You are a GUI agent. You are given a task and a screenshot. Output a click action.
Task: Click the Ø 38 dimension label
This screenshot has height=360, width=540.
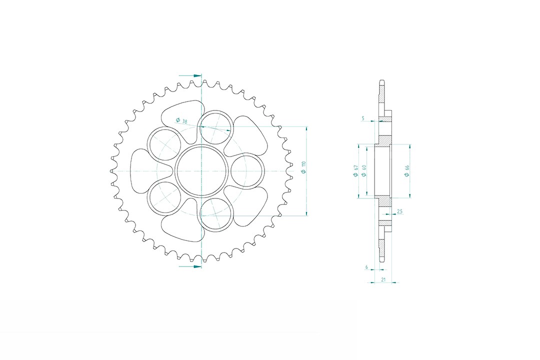[181, 120]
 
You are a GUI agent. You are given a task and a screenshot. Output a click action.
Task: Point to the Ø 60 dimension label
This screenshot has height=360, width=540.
[363, 171]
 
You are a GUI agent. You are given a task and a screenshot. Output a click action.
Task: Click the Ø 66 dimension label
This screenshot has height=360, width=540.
[406, 171]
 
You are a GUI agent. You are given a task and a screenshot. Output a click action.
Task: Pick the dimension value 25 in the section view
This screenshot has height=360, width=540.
[399, 211]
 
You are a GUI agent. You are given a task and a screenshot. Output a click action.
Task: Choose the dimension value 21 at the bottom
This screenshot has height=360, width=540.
[383, 279]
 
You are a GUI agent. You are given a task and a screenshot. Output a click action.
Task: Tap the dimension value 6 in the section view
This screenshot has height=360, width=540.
[366, 267]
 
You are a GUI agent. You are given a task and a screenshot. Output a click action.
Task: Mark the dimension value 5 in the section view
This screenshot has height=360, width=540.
[363, 118]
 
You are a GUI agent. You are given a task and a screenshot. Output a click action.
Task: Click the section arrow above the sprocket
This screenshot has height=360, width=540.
[190, 75]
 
